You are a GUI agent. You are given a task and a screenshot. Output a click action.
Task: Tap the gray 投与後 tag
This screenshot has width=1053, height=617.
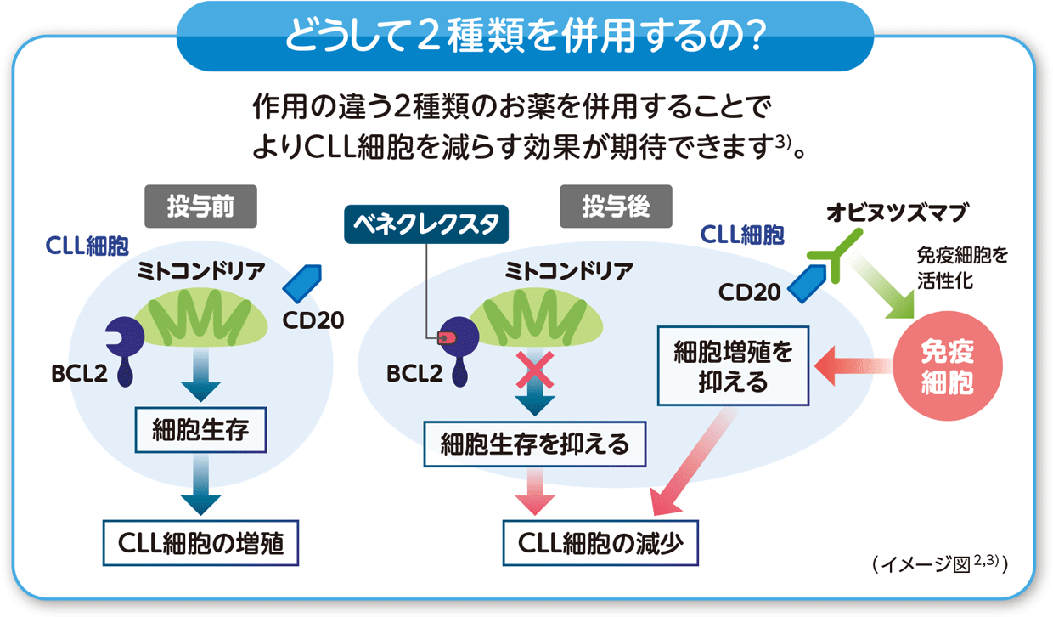tap(616, 207)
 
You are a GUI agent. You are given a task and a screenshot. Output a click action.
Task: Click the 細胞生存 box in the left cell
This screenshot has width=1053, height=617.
tap(200, 429)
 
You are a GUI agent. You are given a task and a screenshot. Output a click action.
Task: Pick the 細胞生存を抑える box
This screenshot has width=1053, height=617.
tap(535, 444)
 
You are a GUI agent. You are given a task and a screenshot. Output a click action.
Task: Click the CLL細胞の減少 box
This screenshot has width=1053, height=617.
tap(600, 541)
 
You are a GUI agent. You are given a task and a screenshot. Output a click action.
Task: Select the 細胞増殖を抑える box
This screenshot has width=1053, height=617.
tap(734, 365)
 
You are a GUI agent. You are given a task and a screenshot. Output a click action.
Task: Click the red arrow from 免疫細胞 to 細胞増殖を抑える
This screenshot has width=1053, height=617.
tap(853, 366)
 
